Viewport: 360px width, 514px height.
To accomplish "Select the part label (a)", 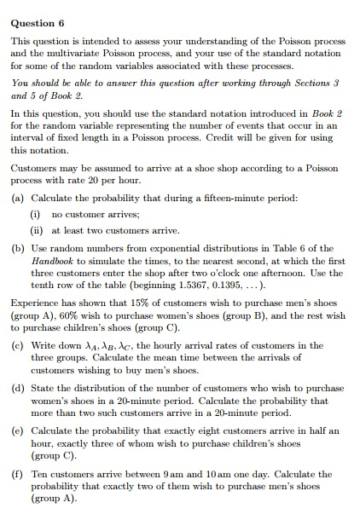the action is pyautogui.click(x=17, y=198).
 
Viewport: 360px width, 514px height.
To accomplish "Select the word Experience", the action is pyautogui.click(x=36, y=303).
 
